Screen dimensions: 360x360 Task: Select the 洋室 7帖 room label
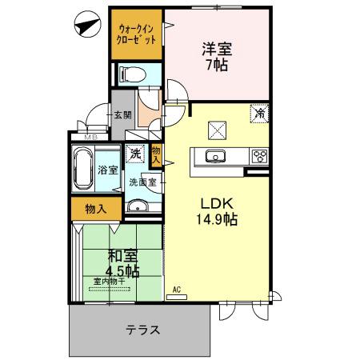tap(215, 57)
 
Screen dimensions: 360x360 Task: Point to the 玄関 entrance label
tap(122, 115)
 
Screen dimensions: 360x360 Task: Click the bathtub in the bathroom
tap(82, 170)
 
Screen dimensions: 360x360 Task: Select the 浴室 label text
tap(108, 170)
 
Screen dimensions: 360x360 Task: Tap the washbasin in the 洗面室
tap(138, 209)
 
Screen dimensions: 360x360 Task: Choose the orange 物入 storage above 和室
tap(95, 209)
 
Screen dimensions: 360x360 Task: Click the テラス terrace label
tap(142, 330)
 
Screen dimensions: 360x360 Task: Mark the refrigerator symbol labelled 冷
tap(260, 114)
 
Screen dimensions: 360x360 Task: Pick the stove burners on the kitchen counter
tap(259, 156)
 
